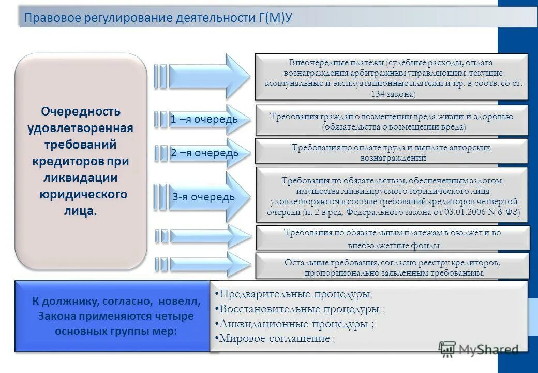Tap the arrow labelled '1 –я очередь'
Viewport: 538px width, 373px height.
[x=204, y=120]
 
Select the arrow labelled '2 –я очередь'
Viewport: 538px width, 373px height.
[x=204, y=153]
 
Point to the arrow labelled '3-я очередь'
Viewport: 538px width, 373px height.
[x=204, y=197]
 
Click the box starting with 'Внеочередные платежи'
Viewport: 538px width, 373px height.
[x=391, y=77]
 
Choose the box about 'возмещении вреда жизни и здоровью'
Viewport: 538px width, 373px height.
[x=392, y=121]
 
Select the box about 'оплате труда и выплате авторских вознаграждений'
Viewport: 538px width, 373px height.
[x=391, y=152]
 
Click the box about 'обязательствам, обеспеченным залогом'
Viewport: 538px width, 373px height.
[x=392, y=196]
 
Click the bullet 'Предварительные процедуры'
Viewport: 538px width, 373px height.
[x=295, y=294]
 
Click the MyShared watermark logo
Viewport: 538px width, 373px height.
[x=478, y=349]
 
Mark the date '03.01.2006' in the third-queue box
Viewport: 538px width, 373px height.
[x=458, y=212]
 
